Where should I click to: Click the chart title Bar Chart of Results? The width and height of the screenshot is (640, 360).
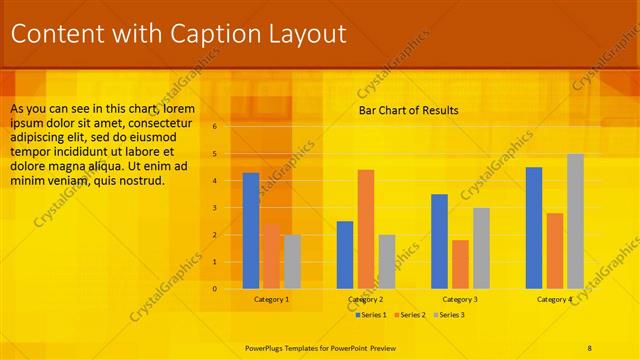click(x=408, y=110)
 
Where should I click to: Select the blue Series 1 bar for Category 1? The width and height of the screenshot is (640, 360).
click(x=251, y=230)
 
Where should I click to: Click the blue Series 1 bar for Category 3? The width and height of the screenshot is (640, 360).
click(x=439, y=241)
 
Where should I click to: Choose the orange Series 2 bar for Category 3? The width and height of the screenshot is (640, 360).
click(x=460, y=264)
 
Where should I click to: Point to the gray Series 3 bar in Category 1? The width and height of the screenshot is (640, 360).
click(x=292, y=261)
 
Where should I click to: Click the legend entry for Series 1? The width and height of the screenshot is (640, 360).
click(x=371, y=315)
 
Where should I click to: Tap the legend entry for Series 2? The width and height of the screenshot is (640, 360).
click(x=410, y=315)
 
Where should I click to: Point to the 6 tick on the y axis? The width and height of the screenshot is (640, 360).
click(x=214, y=127)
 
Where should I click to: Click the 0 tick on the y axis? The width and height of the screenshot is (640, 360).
click(x=214, y=289)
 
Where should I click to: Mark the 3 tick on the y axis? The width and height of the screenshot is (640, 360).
click(x=214, y=208)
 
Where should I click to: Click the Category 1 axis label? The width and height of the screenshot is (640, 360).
click(x=271, y=299)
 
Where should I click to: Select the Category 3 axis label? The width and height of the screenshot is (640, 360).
click(x=460, y=299)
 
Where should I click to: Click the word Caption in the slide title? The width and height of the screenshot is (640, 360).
click(x=216, y=34)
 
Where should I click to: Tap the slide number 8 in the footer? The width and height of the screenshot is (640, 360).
click(x=590, y=347)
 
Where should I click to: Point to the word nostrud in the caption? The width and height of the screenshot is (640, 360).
click(x=140, y=181)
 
